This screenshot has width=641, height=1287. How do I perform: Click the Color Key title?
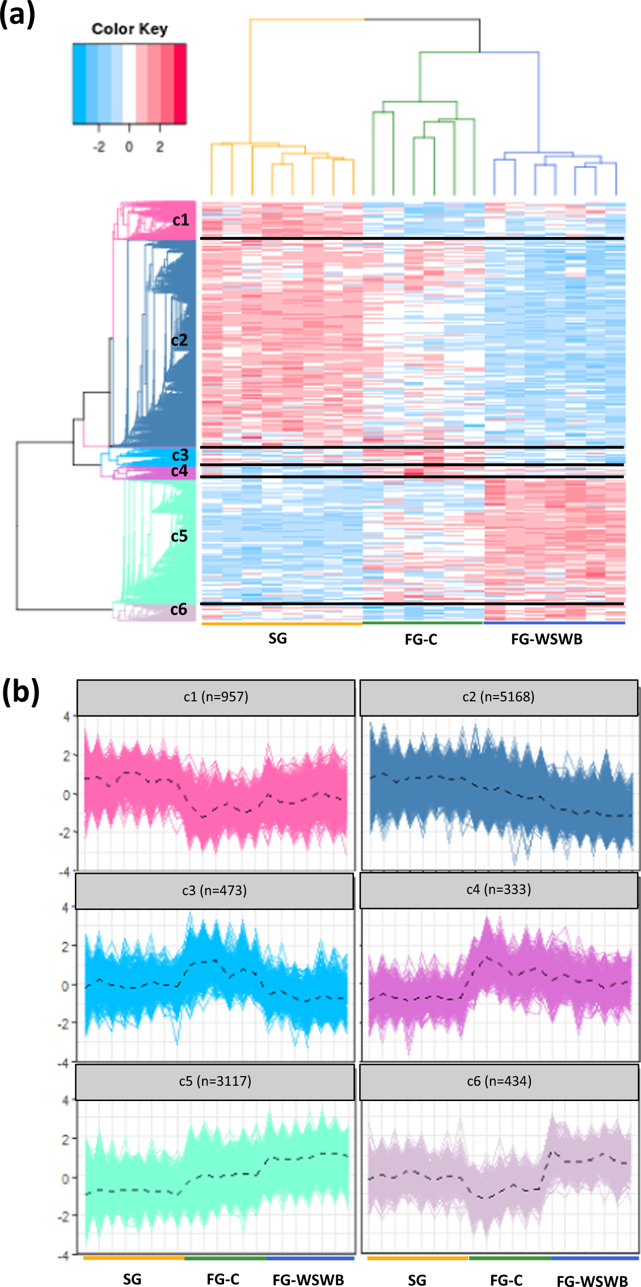[x=129, y=29]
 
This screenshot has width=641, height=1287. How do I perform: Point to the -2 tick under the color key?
[x=99, y=147]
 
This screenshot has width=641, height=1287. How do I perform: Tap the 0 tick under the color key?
[x=129, y=147]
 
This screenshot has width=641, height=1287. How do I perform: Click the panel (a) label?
[x=18, y=15]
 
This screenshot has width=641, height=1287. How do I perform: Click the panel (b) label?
[x=20, y=692]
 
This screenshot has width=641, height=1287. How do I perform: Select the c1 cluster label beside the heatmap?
[x=180, y=220]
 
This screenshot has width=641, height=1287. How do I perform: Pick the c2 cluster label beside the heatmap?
[x=179, y=340]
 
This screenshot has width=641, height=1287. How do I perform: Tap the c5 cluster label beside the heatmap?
[x=179, y=536]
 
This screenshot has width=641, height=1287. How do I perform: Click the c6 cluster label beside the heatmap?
[x=179, y=609]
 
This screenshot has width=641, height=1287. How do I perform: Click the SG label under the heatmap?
[x=277, y=639]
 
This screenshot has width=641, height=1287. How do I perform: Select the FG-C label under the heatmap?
[x=421, y=640]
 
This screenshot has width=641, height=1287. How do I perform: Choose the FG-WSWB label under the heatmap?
[x=547, y=640]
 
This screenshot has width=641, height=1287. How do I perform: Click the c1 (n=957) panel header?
[x=216, y=697]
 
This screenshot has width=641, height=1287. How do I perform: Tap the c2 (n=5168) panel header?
[x=499, y=697]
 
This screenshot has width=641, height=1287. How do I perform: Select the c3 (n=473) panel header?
[x=214, y=891]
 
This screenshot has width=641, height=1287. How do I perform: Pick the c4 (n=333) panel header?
[x=499, y=890]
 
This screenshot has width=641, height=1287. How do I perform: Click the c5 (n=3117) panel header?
[x=215, y=1081]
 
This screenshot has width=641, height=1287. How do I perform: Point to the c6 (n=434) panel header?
[x=499, y=1081]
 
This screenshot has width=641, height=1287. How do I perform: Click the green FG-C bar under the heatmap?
[x=423, y=623]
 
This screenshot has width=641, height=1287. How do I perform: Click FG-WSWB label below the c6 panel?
[x=592, y=1281]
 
